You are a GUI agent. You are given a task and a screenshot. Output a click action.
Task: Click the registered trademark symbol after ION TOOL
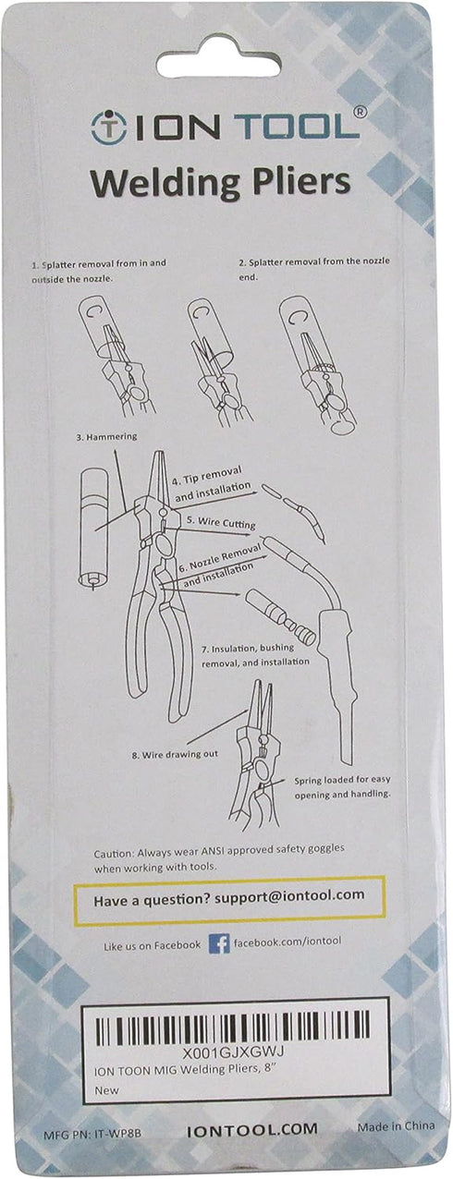click(x=359, y=112)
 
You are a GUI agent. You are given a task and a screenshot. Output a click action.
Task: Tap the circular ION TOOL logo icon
click(x=109, y=127)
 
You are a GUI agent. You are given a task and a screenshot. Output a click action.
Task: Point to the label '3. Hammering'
click(x=106, y=437)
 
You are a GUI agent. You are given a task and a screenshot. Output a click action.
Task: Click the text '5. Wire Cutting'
click(x=221, y=522)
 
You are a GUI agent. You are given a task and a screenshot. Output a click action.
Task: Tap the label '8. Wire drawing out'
click(x=175, y=755)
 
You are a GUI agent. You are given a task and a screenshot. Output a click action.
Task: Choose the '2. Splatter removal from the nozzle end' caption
click(x=314, y=268)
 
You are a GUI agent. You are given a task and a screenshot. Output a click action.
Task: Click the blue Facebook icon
click(x=219, y=943)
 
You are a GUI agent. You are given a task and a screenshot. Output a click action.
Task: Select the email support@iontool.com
click(x=289, y=894)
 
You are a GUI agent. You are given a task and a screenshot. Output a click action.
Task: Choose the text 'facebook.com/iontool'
click(x=288, y=941)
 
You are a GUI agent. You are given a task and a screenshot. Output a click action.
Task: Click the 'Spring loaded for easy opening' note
click(x=342, y=787)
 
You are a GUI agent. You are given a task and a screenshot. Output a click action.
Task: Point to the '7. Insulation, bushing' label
click(x=251, y=649)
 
